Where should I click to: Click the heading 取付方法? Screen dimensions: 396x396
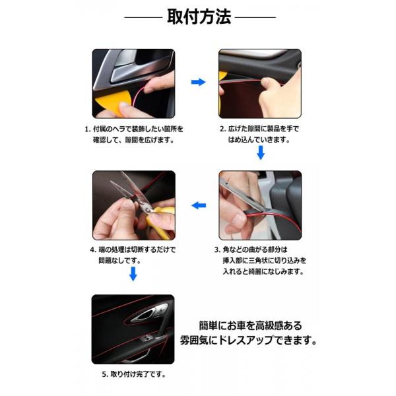[x=199, y=16]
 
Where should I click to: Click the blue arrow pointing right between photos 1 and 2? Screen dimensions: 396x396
[x=198, y=82]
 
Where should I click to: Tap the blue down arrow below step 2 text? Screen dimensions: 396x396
[x=261, y=152]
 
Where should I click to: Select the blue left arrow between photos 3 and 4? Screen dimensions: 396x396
[x=199, y=205]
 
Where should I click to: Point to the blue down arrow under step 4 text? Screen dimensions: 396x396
[x=133, y=274]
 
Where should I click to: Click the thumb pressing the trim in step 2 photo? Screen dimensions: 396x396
[x=270, y=82]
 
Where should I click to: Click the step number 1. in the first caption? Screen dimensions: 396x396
[x=88, y=129]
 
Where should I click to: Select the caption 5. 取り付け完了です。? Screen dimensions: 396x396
[x=134, y=374]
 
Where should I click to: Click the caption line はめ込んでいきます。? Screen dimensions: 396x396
[x=259, y=140]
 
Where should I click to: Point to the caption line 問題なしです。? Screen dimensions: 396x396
[x=119, y=261]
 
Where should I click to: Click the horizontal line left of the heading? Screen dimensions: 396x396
[x=143, y=17]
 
